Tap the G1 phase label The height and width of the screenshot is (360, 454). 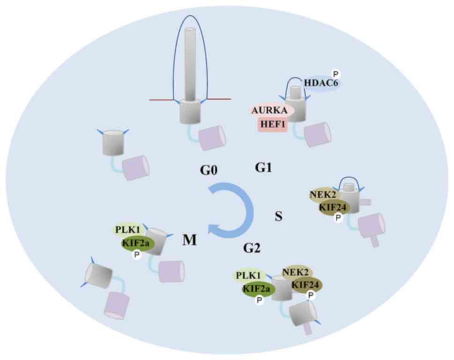[264, 167]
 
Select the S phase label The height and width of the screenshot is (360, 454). [278, 216]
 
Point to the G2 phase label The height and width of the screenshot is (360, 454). [252, 248]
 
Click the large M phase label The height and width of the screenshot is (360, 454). [189, 240]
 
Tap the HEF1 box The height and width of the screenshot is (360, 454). [272, 125]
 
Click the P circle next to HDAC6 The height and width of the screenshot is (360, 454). [336, 73]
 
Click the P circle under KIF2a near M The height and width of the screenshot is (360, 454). [137, 254]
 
